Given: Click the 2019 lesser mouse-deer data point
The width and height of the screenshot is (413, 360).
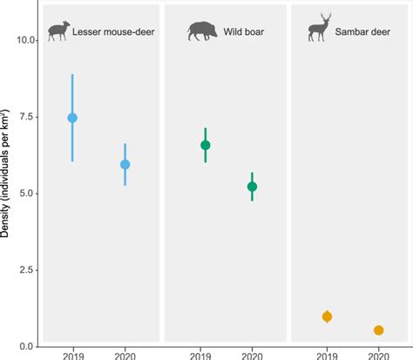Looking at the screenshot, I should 72,118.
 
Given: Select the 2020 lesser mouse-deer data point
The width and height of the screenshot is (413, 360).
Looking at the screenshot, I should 125,164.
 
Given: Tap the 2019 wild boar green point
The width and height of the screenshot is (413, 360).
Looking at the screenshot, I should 206,145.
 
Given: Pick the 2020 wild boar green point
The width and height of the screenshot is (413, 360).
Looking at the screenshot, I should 253,187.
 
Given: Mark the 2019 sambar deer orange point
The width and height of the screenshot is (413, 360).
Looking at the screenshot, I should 327,316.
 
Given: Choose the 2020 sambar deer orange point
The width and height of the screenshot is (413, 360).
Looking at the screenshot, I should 379,330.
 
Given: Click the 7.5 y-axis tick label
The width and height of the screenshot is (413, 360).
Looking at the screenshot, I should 26,117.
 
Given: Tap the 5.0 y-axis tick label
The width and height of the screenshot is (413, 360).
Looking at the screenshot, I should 26,194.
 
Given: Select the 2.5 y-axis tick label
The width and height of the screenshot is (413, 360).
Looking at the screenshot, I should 26,270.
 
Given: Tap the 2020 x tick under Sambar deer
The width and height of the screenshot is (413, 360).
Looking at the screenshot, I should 379,355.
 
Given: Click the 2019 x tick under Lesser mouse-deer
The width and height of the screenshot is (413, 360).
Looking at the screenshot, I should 72,355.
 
